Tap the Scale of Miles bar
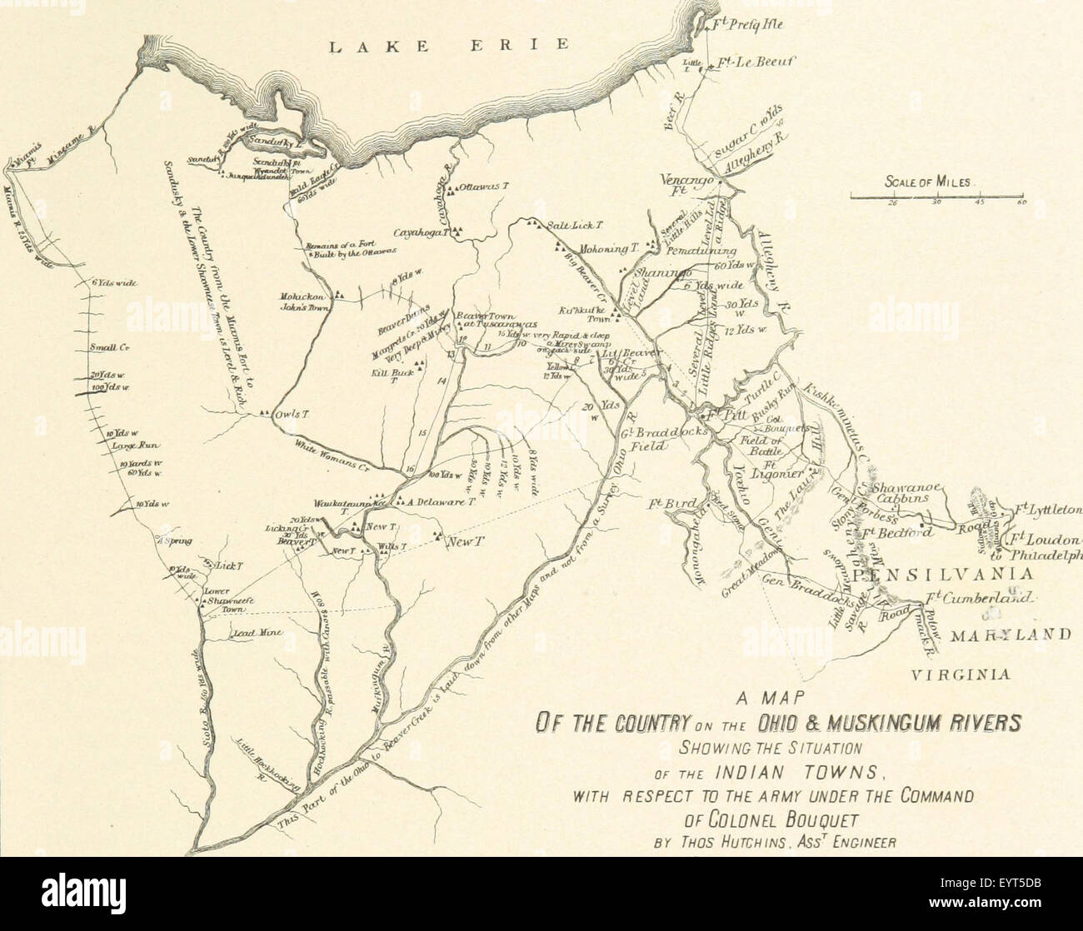tap(937, 197)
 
